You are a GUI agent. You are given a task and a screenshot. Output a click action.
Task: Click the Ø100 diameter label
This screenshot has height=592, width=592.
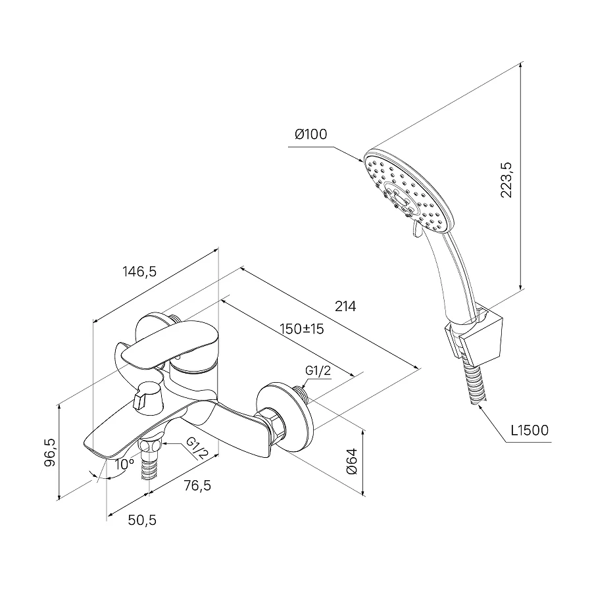(311, 135)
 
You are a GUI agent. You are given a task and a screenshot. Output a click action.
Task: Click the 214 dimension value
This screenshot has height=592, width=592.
(345, 307)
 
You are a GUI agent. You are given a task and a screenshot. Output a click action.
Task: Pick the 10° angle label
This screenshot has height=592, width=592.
(122, 464)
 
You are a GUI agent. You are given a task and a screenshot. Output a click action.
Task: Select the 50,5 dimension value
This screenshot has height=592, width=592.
(142, 520)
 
